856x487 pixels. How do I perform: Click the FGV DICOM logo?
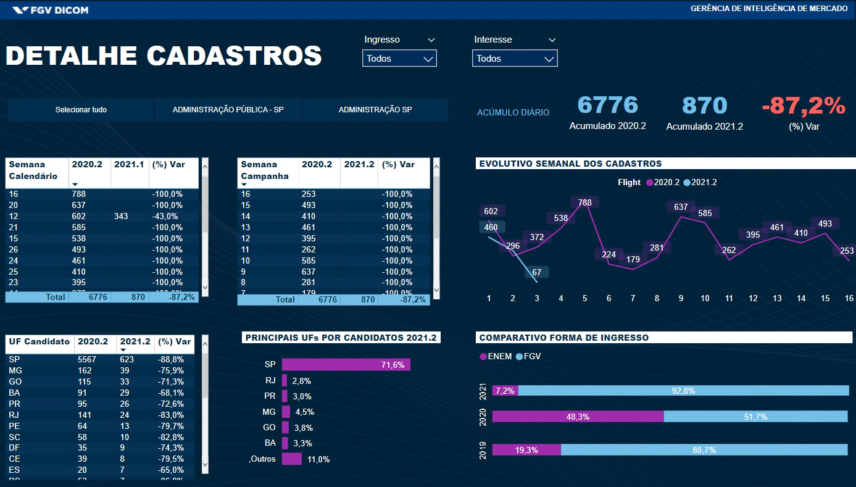coord(51,10)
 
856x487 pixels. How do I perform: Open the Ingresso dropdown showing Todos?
coord(399,59)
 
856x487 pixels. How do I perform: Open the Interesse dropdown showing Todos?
coord(515,59)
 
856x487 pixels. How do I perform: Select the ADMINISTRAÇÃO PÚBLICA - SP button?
coord(228,110)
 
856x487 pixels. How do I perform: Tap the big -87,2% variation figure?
coord(804,106)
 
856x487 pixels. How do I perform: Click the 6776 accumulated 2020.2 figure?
coord(607,106)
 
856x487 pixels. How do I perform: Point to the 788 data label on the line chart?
coord(585,202)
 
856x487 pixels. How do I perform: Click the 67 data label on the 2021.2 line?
coord(536,272)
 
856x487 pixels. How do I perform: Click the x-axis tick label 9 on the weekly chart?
coord(681,299)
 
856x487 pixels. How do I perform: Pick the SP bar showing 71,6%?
coord(346,365)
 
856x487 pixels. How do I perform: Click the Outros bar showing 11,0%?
coord(291,459)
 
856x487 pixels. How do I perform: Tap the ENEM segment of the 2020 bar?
coord(578,417)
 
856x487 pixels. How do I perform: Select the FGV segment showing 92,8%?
coord(683,391)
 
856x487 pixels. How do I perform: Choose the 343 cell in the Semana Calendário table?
coord(122,217)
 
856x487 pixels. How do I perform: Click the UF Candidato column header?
coord(39,342)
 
